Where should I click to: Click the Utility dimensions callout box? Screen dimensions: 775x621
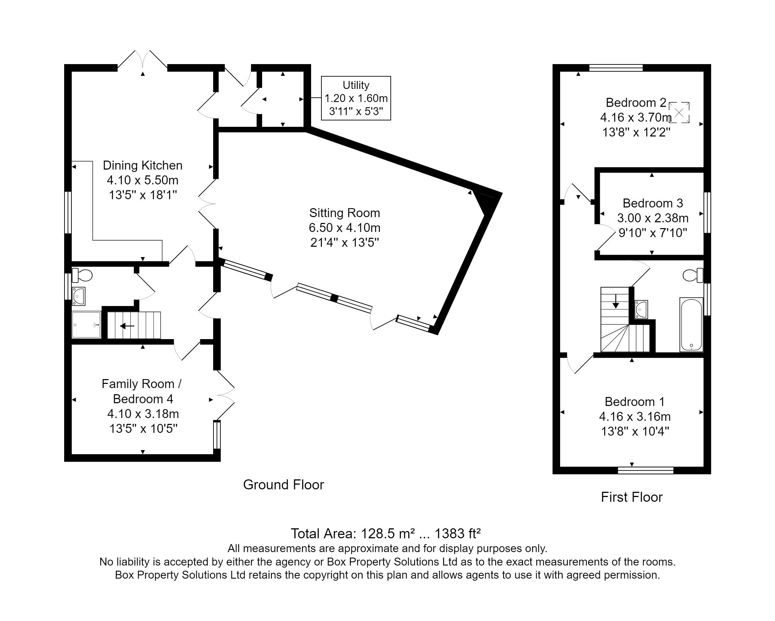pyautogui.click(x=356, y=98)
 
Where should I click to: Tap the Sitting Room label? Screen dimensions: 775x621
pyautogui.click(x=344, y=213)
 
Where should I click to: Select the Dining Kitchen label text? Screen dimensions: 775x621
pyautogui.click(x=143, y=165)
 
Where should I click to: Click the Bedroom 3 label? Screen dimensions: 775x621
pyautogui.click(x=653, y=203)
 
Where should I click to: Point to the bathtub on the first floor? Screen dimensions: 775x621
pyautogui.click(x=691, y=324)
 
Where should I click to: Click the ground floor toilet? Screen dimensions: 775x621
pyautogui.click(x=82, y=275)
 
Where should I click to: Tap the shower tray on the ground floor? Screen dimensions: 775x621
pyautogui.click(x=86, y=325)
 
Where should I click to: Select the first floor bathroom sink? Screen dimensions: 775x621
pyautogui.click(x=641, y=309)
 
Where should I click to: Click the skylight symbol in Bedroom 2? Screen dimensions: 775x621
pyautogui.click(x=679, y=113)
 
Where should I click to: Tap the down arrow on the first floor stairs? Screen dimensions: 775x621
pyautogui.click(x=616, y=301)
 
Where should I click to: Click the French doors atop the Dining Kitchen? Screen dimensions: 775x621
pyautogui.click(x=143, y=59)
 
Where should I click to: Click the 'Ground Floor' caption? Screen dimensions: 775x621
pyautogui.click(x=284, y=485)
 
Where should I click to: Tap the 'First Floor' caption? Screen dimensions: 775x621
pyautogui.click(x=632, y=497)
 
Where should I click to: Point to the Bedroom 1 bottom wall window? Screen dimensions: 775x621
pyautogui.click(x=646, y=470)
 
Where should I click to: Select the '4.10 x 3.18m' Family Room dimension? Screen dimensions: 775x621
pyautogui.click(x=143, y=414)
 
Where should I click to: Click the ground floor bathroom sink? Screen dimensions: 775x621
pyautogui.click(x=79, y=296)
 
